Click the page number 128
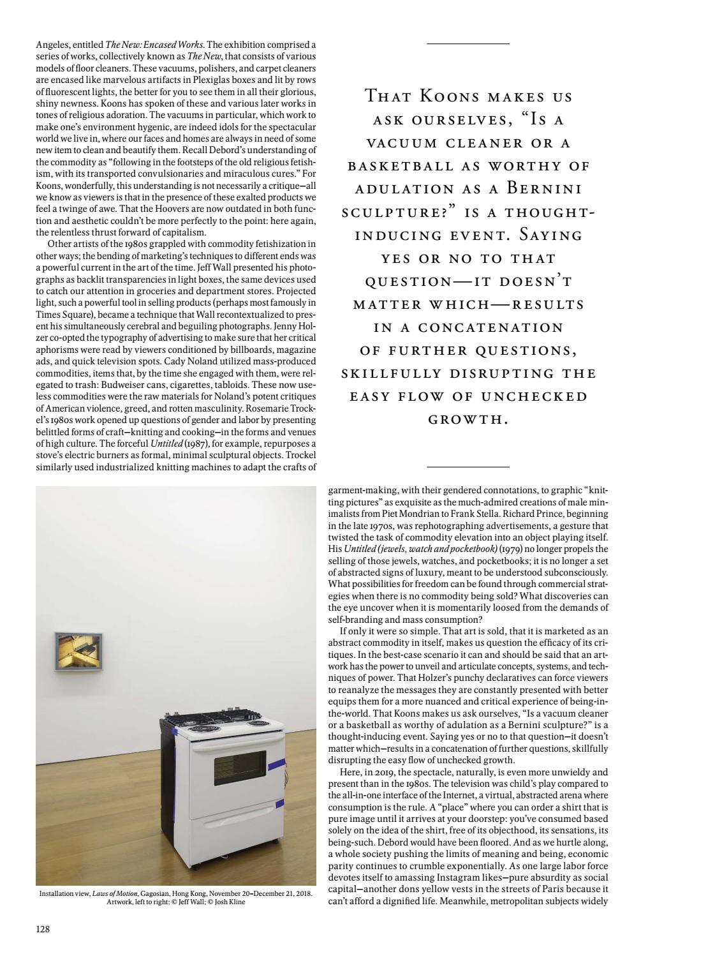pos(43,928)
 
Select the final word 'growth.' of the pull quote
pos(468,420)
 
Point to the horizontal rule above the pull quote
pos(468,43)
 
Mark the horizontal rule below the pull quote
pos(468,468)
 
